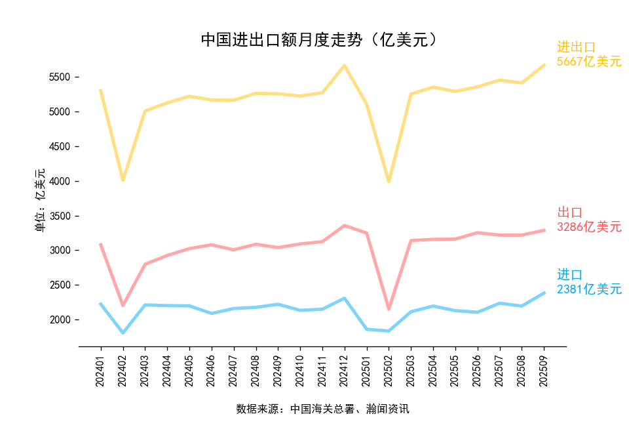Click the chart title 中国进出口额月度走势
318,40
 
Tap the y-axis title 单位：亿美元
41,200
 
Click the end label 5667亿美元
589,62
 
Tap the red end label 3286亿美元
589,227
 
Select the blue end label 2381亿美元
589,289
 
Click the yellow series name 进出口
576,47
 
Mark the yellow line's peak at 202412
345,66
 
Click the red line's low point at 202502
389,308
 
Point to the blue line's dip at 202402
123,333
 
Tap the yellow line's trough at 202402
123,180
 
